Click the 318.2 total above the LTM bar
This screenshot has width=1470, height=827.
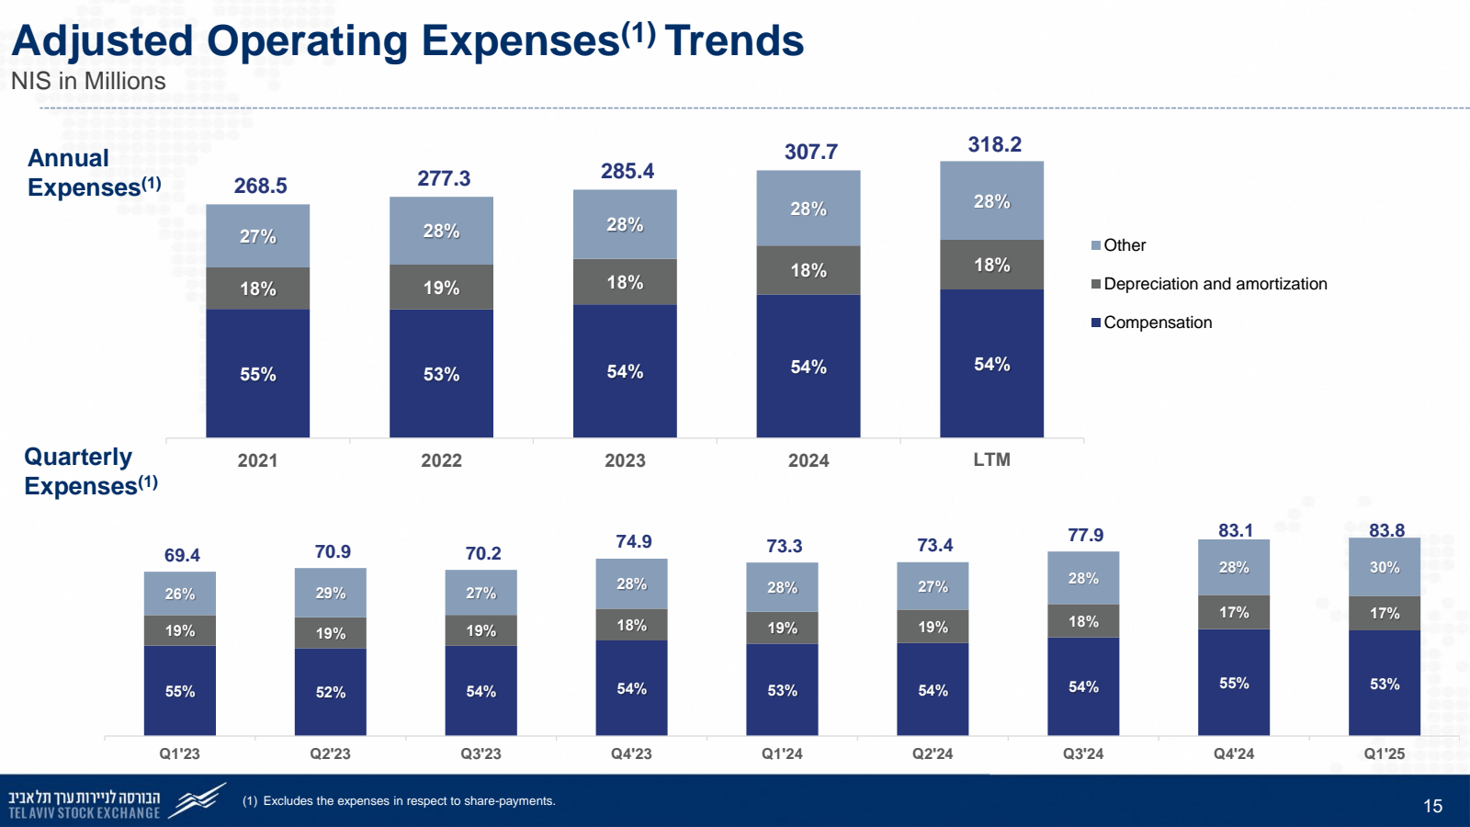(994, 144)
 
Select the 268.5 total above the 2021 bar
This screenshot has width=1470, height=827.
(260, 186)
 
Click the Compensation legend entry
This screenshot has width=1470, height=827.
(1157, 323)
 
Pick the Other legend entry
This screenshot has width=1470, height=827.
(1124, 245)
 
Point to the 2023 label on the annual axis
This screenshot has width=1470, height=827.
(625, 460)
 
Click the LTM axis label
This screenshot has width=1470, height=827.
(991, 459)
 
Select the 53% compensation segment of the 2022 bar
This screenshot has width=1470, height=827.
(441, 373)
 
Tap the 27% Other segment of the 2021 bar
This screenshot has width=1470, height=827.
(257, 236)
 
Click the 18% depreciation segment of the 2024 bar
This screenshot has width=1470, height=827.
(808, 270)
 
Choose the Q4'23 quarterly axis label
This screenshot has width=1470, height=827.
(631, 753)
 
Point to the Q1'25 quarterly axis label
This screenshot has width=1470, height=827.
(1384, 753)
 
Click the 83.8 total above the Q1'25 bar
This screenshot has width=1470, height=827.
(1386, 530)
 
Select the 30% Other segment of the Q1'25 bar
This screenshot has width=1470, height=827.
(1384, 568)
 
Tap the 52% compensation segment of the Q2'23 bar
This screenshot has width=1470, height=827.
(331, 692)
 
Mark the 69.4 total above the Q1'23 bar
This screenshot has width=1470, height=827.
(182, 555)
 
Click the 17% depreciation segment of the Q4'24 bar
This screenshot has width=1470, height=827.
(1234, 612)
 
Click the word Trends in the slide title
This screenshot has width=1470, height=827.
(734, 41)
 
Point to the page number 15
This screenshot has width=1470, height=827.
(1432, 806)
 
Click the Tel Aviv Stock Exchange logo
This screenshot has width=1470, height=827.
(115, 801)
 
